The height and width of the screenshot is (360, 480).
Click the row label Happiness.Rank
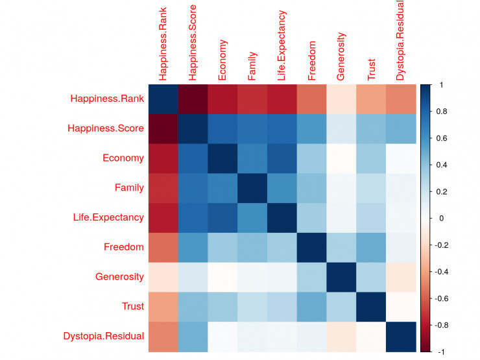[x=107, y=99]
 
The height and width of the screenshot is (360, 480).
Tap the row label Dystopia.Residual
[x=104, y=336]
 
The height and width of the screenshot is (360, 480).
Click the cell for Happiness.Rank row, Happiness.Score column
[x=193, y=99]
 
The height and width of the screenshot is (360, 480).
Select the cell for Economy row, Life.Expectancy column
[x=282, y=158]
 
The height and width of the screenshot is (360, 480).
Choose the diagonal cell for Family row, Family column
[x=252, y=188]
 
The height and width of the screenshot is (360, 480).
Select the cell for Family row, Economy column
[x=222, y=188]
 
